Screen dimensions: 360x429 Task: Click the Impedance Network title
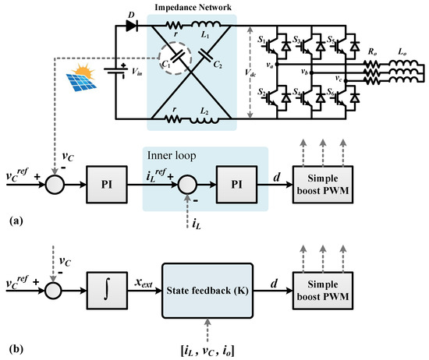(x=198, y=7)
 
